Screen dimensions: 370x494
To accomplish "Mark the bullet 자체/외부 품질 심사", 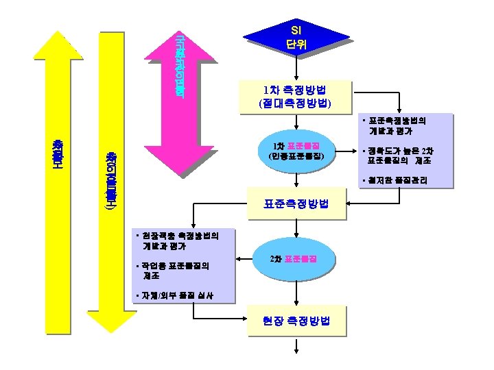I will click(174, 296).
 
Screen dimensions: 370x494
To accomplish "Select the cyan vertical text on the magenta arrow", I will click(180, 65).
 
